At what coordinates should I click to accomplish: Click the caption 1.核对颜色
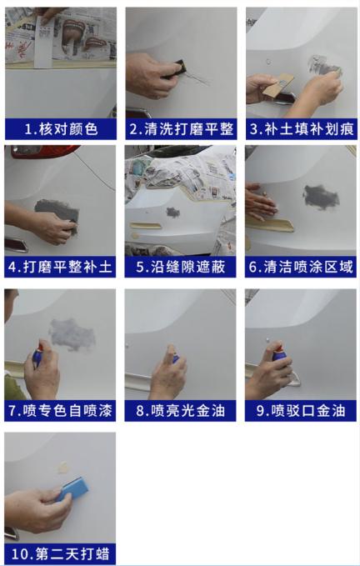pos(60,129)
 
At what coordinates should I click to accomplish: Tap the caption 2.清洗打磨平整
pos(181,129)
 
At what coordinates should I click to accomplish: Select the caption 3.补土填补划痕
pos(301,129)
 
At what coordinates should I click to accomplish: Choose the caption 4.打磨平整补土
pos(60,268)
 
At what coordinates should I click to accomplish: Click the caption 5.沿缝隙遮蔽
pos(181,268)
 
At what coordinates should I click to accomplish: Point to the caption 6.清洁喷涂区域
pos(301,268)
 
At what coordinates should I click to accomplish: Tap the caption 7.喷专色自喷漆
pos(60,410)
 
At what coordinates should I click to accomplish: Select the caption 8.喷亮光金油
pos(181,410)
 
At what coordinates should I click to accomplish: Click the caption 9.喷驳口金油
pos(301,410)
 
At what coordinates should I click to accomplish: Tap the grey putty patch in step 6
pos(320,197)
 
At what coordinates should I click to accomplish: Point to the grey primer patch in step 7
pos(72,333)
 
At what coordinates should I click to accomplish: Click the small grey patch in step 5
pos(172,212)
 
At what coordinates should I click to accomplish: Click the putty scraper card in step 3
pos(278,84)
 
